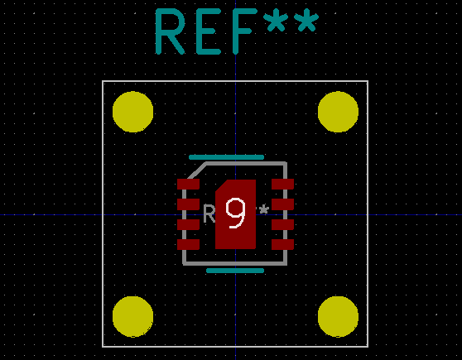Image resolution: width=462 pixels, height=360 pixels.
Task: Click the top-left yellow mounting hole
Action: click(132, 112)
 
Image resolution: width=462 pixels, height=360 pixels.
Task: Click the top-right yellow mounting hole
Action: click(338, 112)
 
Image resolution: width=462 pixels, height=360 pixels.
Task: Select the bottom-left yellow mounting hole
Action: click(132, 316)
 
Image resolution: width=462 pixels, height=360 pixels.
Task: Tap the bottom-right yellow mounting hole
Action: click(338, 316)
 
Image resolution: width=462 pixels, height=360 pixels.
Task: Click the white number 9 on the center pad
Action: click(236, 214)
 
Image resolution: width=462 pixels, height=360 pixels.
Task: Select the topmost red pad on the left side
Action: click(188, 184)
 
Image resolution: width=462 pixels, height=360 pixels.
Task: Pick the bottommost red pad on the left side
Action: click(188, 244)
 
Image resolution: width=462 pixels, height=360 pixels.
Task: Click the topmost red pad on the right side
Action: click(283, 184)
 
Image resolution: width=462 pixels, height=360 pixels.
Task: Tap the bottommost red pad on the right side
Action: click(283, 244)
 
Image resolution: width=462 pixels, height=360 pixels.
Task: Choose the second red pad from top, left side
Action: click(188, 204)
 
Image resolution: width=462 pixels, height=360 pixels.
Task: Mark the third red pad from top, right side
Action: click(283, 224)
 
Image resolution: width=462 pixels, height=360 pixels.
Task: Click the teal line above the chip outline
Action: click(226, 156)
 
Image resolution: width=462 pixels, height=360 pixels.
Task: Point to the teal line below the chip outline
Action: click(235, 270)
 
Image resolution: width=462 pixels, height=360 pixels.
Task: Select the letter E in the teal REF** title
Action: click(209, 32)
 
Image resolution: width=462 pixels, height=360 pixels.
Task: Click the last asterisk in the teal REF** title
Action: click(306, 23)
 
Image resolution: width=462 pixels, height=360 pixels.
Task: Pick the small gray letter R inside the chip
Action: click(209, 214)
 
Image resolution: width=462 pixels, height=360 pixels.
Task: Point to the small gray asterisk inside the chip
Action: click(264, 210)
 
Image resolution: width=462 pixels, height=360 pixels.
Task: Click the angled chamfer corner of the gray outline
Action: click(192, 171)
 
